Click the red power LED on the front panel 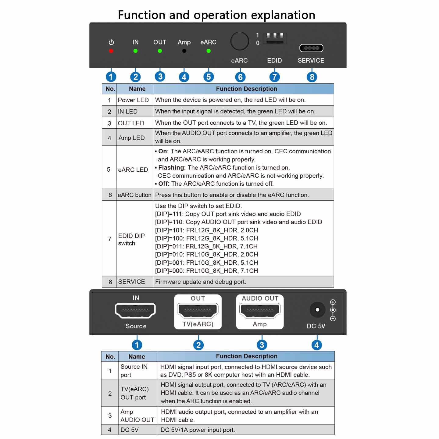111,51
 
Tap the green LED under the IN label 135,51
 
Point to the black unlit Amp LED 184,51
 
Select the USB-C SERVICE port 311,48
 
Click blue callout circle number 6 240,77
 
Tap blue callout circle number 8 312,77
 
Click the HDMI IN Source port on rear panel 135,311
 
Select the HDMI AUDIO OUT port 260,311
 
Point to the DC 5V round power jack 317,310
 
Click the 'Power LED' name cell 133,100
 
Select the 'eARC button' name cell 134,195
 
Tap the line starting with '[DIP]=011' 206,246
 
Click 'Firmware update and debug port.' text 201,282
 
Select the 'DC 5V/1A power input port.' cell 198,430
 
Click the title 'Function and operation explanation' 216,15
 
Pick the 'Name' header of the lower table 137,356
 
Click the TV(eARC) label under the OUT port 198,324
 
